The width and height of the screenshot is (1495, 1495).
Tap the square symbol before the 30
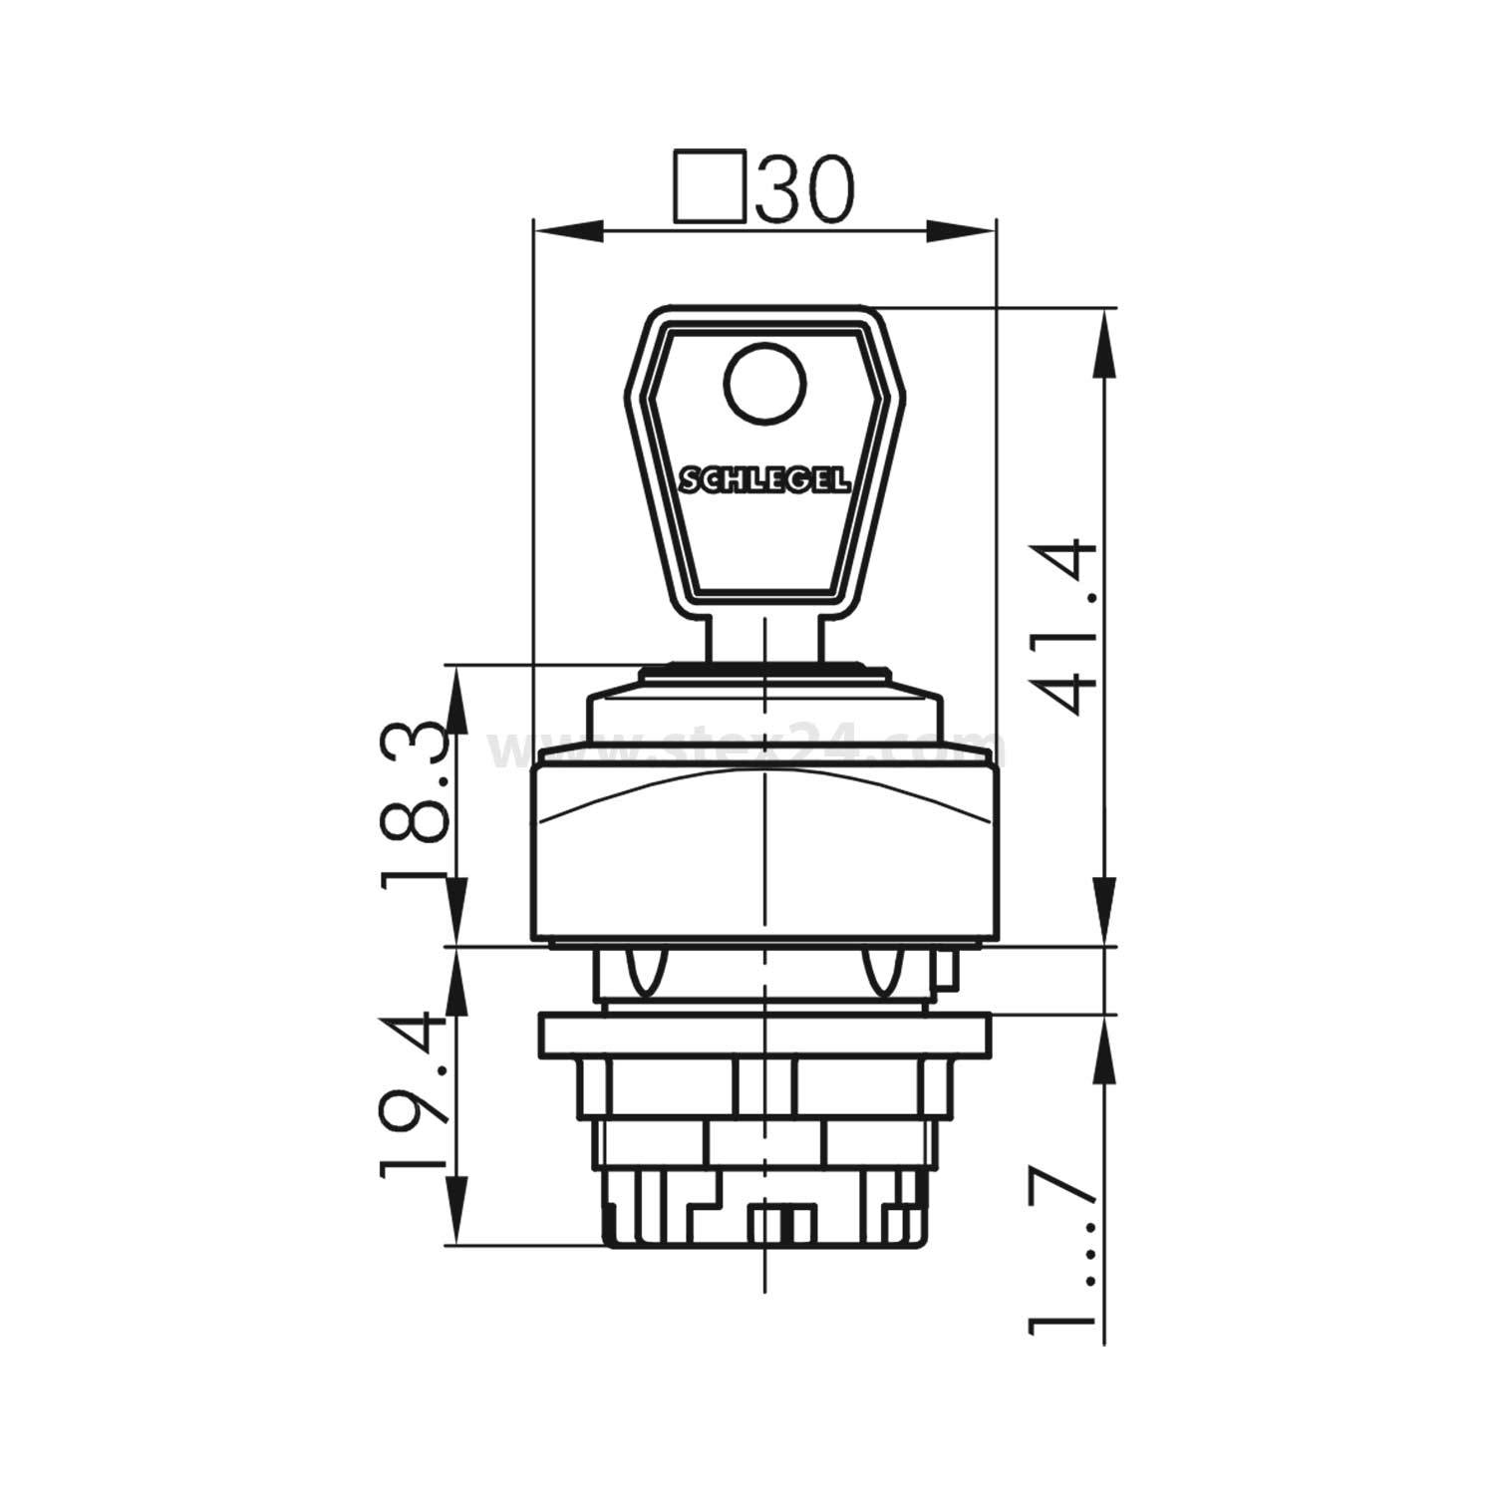[x=710, y=185]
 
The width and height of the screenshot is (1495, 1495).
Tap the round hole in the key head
[x=765, y=383]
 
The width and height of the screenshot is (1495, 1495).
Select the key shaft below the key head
[x=764, y=633]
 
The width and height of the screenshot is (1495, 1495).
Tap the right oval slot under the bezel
[x=881, y=973]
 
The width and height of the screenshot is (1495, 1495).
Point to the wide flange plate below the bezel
[x=763, y=1035]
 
